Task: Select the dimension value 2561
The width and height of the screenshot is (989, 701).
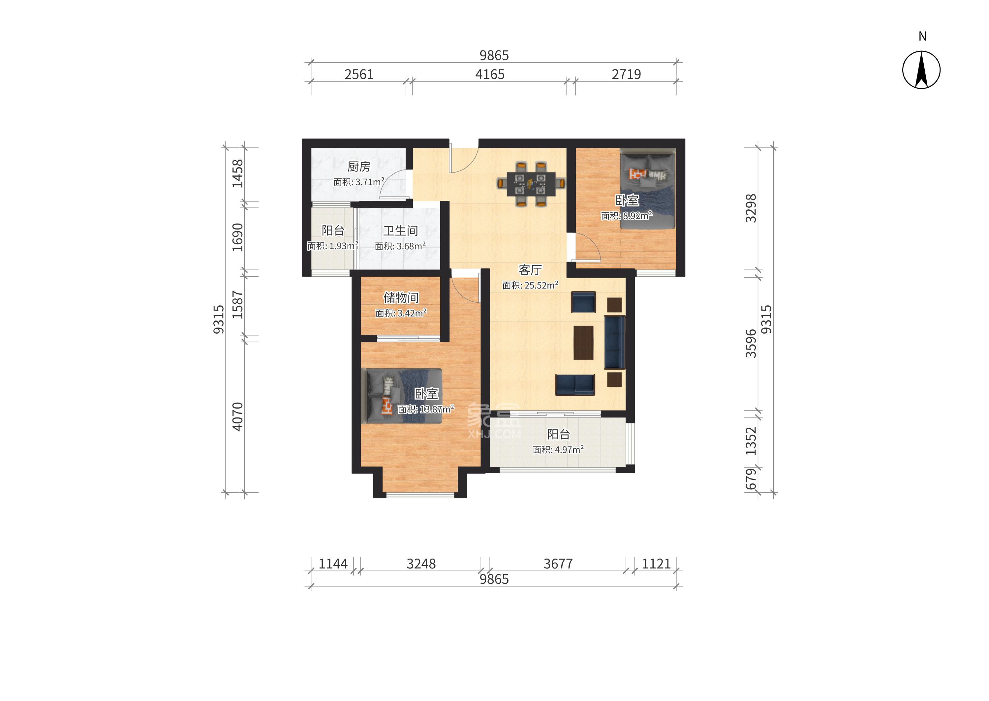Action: (359, 75)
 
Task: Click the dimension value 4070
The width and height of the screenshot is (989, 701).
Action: (237, 416)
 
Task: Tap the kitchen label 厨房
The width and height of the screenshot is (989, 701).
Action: (359, 167)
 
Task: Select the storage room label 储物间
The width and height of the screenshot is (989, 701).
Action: (401, 298)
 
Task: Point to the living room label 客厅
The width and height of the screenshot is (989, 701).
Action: (530, 270)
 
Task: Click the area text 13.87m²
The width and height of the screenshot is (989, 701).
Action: (436, 409)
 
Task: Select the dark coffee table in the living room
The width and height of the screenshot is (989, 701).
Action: (583, 342)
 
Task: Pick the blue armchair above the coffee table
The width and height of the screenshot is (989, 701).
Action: (583, 302)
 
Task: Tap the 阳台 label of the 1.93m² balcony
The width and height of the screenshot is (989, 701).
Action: (333, 231)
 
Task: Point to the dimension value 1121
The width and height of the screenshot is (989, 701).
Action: (656, 564)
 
